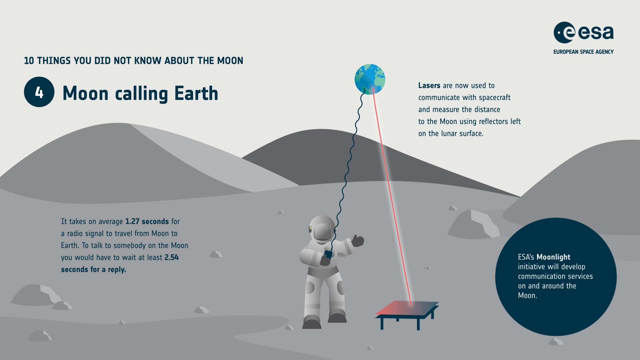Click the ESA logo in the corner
tap(583, 33)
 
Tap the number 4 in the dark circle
tap(39, 92)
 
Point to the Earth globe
tap(370, 79)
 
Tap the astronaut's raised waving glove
tap(357, 240)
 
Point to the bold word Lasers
tap(429, 86)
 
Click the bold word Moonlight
tap(553, 257)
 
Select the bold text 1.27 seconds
tap(147, 222)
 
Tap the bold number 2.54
tap(171, 258)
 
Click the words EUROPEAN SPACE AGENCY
tap(583, 52)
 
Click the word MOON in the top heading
tap(230, 61)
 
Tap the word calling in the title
tap(141, 93)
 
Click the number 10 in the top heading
tap(29, 61)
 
